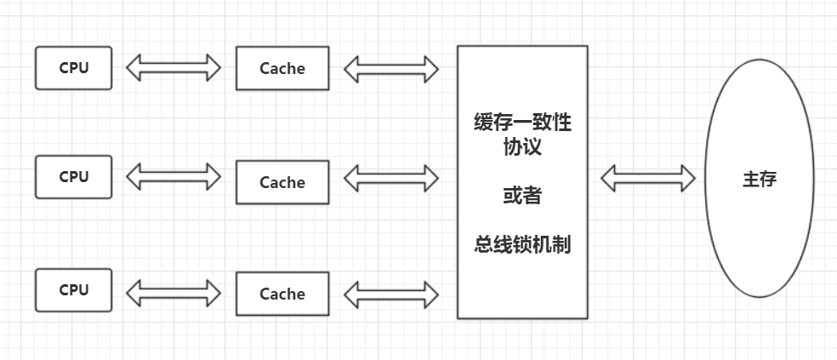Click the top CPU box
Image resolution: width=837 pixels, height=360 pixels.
73,68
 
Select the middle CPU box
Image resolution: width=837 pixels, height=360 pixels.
73,177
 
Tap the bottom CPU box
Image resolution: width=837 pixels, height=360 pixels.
73,289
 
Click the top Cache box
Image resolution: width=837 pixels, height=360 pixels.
282,68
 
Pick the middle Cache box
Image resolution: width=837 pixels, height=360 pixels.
282,182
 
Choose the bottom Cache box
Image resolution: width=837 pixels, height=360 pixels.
282,294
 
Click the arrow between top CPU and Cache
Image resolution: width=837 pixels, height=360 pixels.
174,68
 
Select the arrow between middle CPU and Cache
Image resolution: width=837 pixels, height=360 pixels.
174,177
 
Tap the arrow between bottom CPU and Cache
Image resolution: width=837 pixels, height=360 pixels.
174,294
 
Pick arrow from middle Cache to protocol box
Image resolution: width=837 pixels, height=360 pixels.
391,179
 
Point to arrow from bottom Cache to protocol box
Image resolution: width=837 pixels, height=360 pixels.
391,294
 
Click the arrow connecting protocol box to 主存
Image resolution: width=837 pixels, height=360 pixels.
647,179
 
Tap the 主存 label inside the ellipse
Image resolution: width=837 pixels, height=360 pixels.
759,180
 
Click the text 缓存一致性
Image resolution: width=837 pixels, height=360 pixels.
522,123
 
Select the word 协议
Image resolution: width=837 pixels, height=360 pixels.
522,146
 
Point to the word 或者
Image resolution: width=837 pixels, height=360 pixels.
522,196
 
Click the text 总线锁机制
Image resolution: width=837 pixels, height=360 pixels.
522,245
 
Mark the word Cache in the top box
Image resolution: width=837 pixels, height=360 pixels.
282,68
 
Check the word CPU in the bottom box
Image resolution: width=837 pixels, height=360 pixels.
73,289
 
